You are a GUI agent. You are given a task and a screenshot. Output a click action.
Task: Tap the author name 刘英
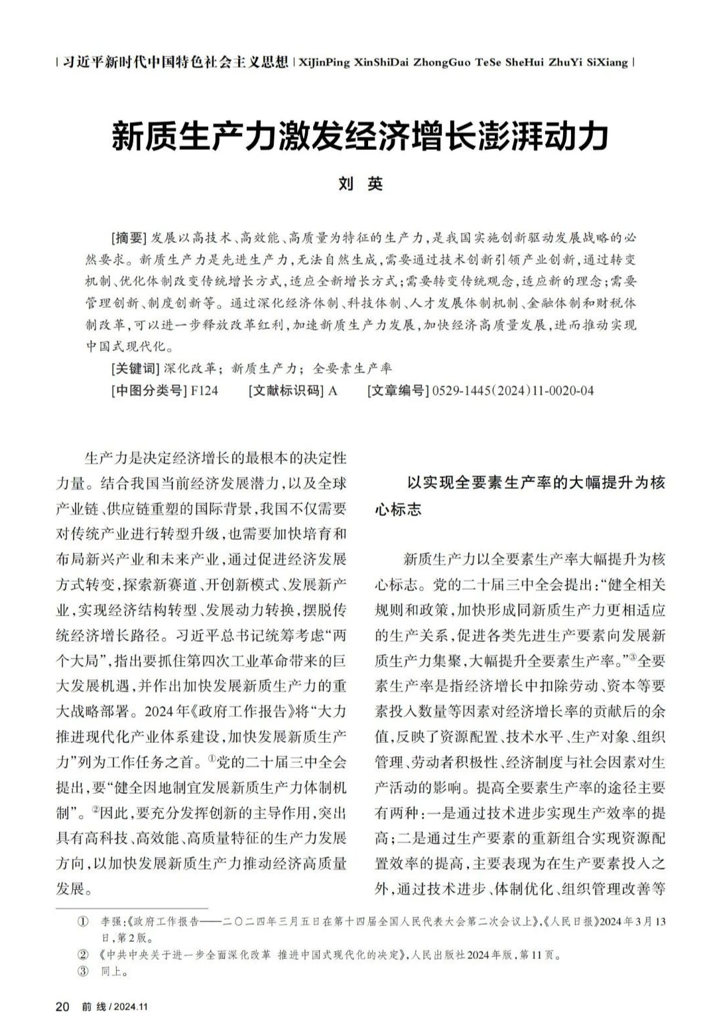pyautogui.click(x=360, y=184)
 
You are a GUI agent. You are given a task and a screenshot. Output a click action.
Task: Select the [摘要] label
pyautogui.click(x=129, y=237)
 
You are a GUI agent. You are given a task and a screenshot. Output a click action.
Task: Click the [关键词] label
pyautogui.click(x=135, y=368)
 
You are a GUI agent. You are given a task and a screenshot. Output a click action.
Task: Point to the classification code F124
pyautogui.click(x=204, y=391)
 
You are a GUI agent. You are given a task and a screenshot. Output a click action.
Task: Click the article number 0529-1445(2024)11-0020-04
pyautogui.click(x=513, y=391)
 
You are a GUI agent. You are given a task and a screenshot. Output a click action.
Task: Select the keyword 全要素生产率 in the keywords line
pyautogui.click(x=352, y=368)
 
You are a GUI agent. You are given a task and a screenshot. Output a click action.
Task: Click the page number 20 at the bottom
pyautogui.click(x=62, y=1006)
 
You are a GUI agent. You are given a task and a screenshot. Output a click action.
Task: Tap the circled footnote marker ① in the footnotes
pyautogui.click(x=83, y=922)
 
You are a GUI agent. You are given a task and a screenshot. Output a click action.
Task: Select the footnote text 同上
pyautogui.click(x=114, y=972)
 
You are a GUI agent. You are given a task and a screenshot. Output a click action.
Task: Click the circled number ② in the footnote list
pyautogui.click(x=83, y=955)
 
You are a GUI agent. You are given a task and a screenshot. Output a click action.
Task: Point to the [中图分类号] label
pyautogui.click(x=149, y=391)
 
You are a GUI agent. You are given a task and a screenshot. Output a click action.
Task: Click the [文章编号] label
pyautogui.click(x=398, y=391)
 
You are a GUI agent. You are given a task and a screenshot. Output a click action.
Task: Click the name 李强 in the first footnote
pyautogui.click(x=111, y=922)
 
